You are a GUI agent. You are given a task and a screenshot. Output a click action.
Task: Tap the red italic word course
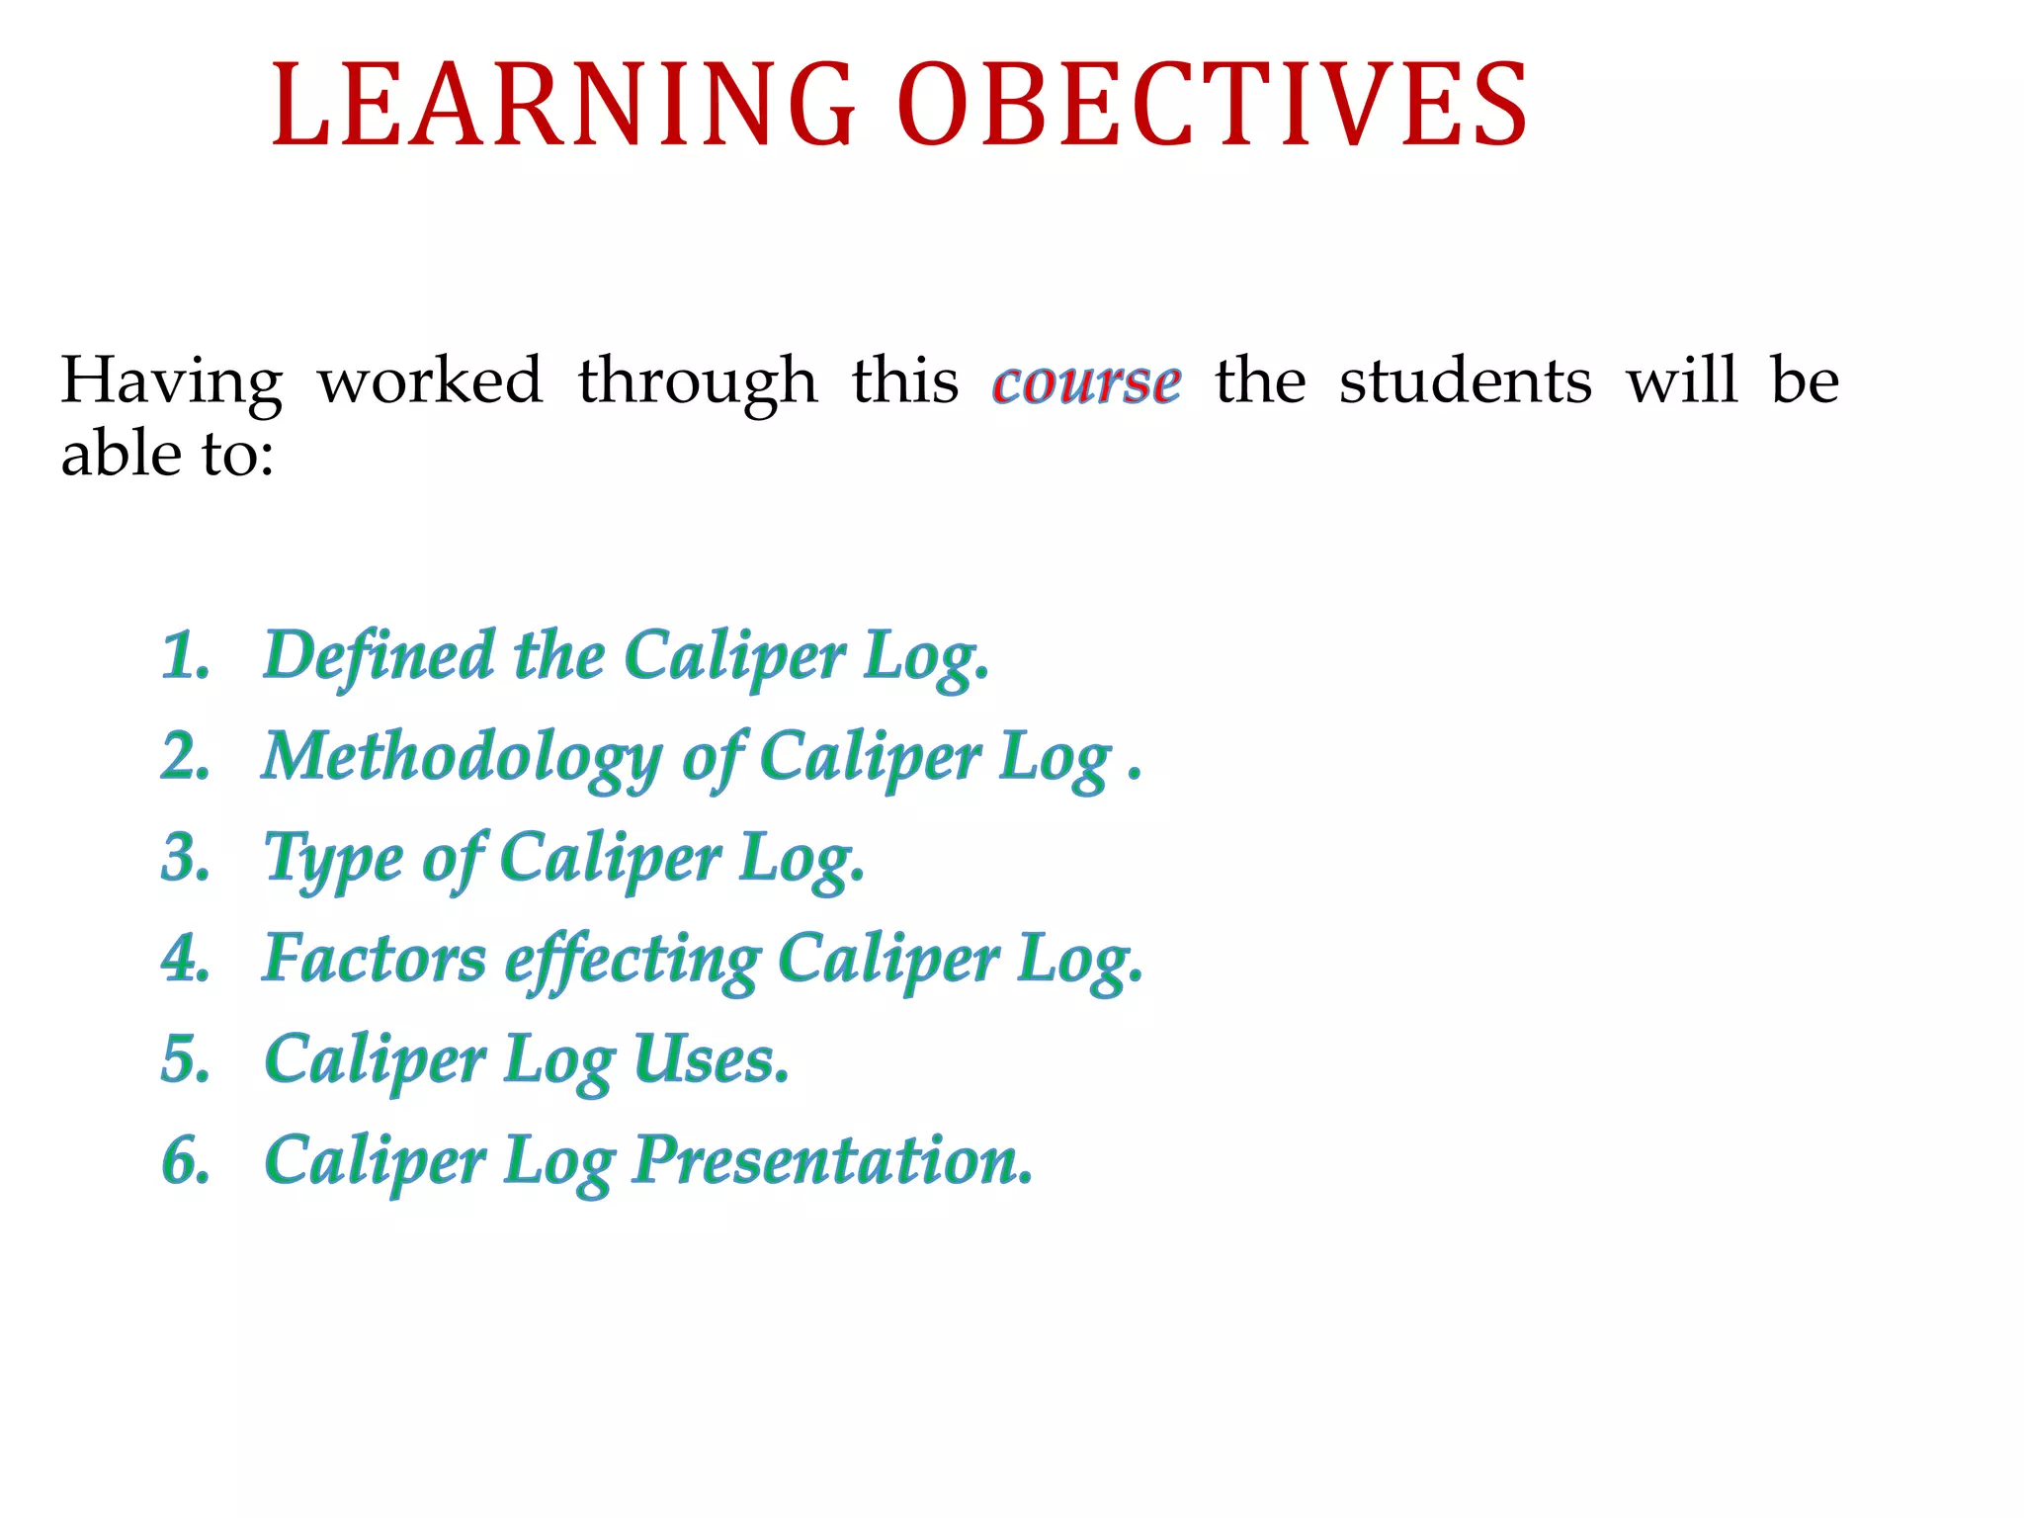pos(1086,382)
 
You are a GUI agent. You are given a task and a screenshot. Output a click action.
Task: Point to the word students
pos(1465,380)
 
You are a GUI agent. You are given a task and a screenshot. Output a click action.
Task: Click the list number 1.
pos(185,656)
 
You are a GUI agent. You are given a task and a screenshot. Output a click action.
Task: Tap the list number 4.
pos(186,959)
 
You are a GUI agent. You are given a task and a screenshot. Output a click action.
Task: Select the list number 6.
pos(186,1160)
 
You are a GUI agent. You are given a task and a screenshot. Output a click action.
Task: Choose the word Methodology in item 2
pos(462,759)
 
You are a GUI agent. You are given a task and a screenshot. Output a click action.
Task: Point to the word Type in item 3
pos(332,860)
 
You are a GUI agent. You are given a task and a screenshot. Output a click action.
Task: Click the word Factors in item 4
pos(375,959)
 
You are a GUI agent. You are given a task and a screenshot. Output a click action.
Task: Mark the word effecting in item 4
pos(632,961)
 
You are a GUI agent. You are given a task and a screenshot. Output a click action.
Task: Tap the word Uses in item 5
pos(710,1059)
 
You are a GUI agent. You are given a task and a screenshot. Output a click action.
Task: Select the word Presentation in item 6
pos(832,1160)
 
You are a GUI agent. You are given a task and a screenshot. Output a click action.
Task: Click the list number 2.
pos(185,757)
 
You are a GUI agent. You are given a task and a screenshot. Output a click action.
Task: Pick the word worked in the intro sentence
pos(430,380)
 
